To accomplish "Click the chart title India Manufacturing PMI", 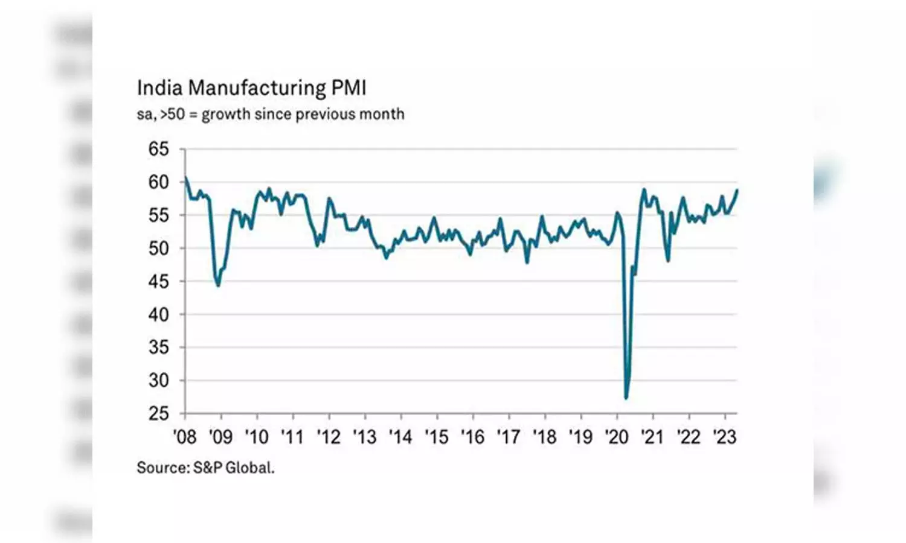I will tap(251, 88).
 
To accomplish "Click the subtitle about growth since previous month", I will tap(270, 114).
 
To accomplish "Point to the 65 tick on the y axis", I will tap(159, 149).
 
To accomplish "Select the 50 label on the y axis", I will tap(159, 248).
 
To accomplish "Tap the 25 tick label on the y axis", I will tap(159, 414).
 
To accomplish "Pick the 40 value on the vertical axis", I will tap(159, 314).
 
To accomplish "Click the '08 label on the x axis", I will tap(184, 437).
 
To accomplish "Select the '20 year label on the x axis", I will tap(617, 437).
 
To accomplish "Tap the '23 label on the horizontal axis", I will tap(725, 437).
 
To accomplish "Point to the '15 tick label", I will tap(437, 437).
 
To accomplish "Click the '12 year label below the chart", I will tap(329, 437).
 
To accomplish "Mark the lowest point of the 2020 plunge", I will tap(626, 398).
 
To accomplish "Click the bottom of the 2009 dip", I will tap(218, 285).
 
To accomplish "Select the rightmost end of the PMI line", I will tap(737, 191).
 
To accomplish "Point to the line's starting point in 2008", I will tap(185, 177).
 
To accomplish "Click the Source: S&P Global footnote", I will tap(205, 468).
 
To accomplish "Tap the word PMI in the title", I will tap(349, 88).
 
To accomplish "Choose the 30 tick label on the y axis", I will tap(159, 381).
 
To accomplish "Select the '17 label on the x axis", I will tap(509, 437).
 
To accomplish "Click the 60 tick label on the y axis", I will tap(159, 182).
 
